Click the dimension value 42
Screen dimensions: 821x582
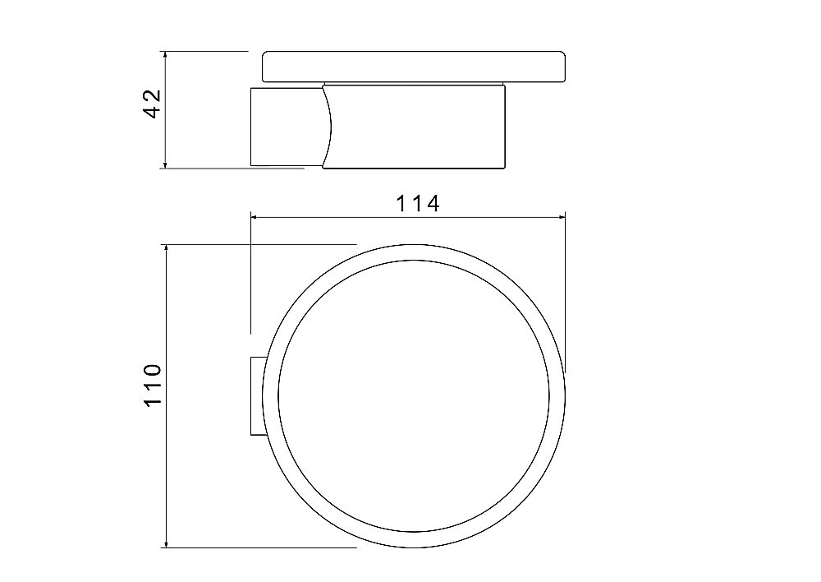pos(152,104)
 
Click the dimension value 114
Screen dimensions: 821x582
pos(417,203)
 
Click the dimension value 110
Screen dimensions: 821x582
pos(152,385)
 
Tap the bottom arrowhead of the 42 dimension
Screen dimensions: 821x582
pos(165,164)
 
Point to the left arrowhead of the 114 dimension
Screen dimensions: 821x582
pos(255,216)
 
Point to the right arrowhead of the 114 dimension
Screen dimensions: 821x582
pos(561,216)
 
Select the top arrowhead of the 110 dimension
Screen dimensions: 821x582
pos(166,249)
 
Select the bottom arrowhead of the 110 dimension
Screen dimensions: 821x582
pos(166,543)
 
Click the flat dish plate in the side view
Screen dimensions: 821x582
pos(414,67)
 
